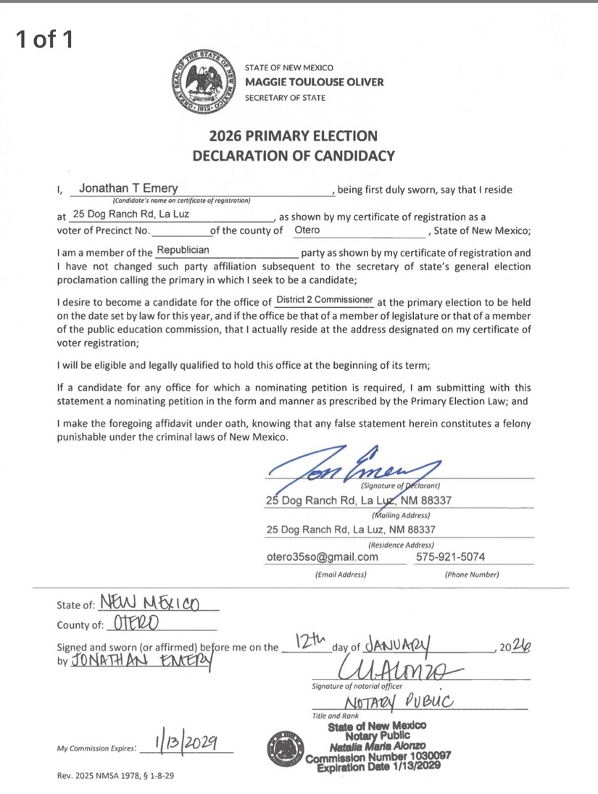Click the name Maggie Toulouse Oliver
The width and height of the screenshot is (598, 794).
[x=315, y=82]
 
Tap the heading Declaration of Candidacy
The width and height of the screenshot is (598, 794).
[x=294, y=154]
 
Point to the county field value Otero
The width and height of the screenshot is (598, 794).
[x=307, y=230]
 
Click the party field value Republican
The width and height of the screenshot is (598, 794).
[x=183, y=250]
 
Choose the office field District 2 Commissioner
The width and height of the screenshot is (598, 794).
[x=325, y=300]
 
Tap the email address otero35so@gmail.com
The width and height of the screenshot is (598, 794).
[x=323, y=557]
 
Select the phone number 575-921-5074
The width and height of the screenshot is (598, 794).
[x=451, y=557]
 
